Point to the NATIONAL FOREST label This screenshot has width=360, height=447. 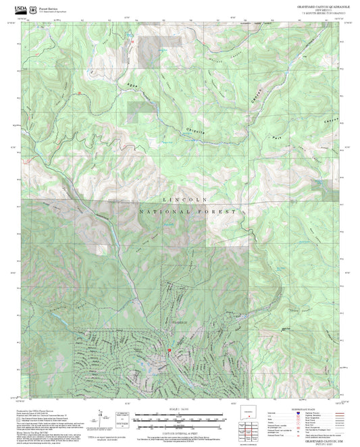pyautogui.click(x=188, y=211)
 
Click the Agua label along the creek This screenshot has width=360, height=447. pyautogui.click(x=132, y=85)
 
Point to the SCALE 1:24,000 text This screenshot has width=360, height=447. pyautogui.click(x=180, y=410)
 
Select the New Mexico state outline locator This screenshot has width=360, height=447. pyautogui.click(x=251, y=413)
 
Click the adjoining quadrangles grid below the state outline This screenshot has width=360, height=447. pyautogui.click(x=251, y=428)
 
